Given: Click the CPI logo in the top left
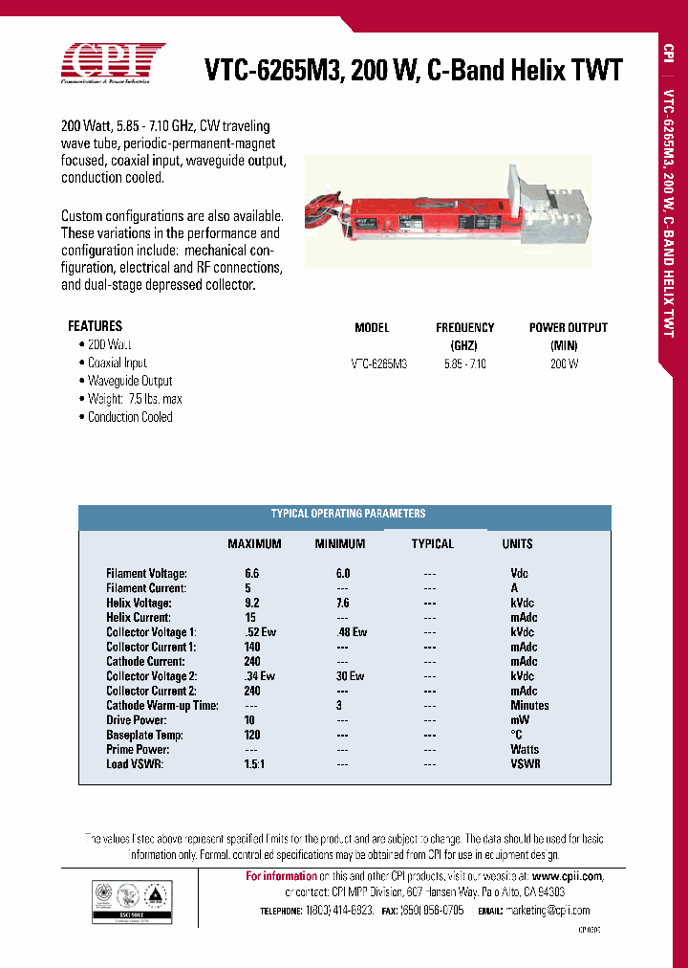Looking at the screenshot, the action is tap(113, 64).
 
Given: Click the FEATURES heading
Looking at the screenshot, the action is tap(95, 326).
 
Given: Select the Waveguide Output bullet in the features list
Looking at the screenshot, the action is tap(130, 381).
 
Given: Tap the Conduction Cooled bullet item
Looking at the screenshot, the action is tap(130, 417).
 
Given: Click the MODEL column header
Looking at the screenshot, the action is tap(372, 327).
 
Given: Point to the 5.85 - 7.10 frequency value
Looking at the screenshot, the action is tap(465, 363).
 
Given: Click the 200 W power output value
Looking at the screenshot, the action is tap(564, 363).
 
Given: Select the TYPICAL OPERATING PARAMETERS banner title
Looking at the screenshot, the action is tap(348, 514).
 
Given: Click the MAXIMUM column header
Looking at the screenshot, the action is tap(254, 544).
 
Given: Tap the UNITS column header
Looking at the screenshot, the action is tap(518, 544).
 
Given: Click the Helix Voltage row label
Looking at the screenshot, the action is tap(139, 604).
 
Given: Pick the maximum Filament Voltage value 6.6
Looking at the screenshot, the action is tap(252, 574).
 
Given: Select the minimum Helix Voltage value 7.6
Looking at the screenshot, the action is tap(344, 604).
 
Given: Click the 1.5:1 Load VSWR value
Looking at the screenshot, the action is tap(253, 764).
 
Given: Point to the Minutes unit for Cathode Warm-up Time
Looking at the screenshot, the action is tap(529, 706).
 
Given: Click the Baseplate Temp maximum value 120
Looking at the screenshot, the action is tap(253, 736).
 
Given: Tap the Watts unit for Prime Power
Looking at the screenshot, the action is tap(525, 750).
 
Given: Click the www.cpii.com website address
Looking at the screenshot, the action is tap(568, 876).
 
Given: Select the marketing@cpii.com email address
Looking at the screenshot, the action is tap(548, 911).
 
